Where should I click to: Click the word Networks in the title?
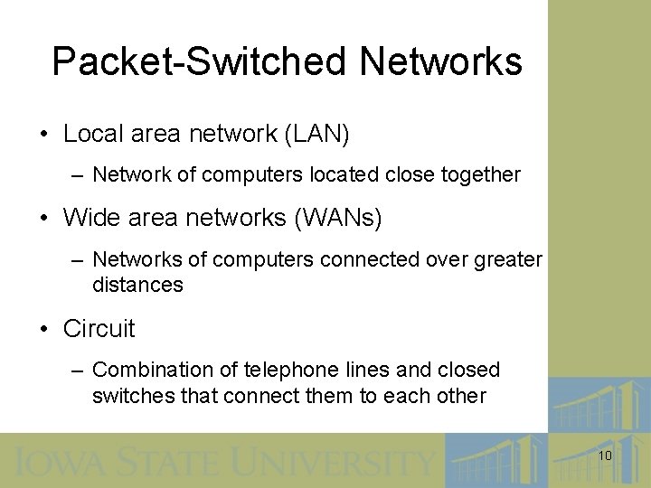[x=440, y=62]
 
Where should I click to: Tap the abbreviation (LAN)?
[x=316, y=135]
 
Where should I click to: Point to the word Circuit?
[x=99, y=329]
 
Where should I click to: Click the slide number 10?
[x=605, y=456]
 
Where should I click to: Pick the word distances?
[x=137, y=286]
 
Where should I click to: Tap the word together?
[x=480, y=174]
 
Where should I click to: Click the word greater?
[x=510, y=260]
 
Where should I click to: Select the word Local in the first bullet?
[x=92, y=135]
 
